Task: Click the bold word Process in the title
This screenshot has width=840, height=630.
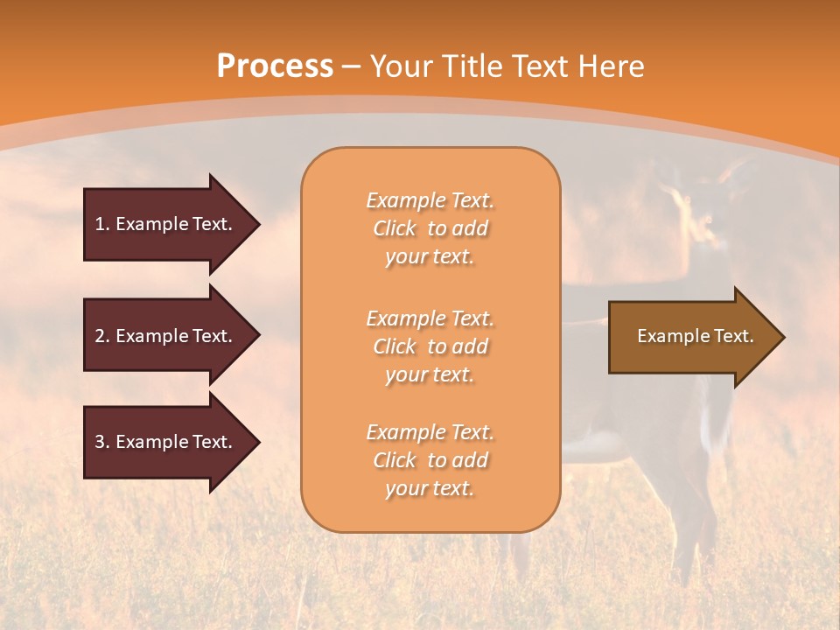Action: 275,66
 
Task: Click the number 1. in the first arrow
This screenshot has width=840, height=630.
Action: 102,224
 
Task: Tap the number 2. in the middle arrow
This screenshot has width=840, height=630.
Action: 102,336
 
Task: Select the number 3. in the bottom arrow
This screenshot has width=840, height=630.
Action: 102,442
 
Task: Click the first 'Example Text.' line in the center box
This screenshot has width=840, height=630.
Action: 430,200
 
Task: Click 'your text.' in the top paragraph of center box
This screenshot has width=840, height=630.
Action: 430,257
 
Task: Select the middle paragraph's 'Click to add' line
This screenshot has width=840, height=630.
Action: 430,346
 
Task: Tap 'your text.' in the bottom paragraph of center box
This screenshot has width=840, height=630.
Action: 430,489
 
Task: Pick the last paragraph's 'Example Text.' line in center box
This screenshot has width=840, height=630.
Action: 430,432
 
